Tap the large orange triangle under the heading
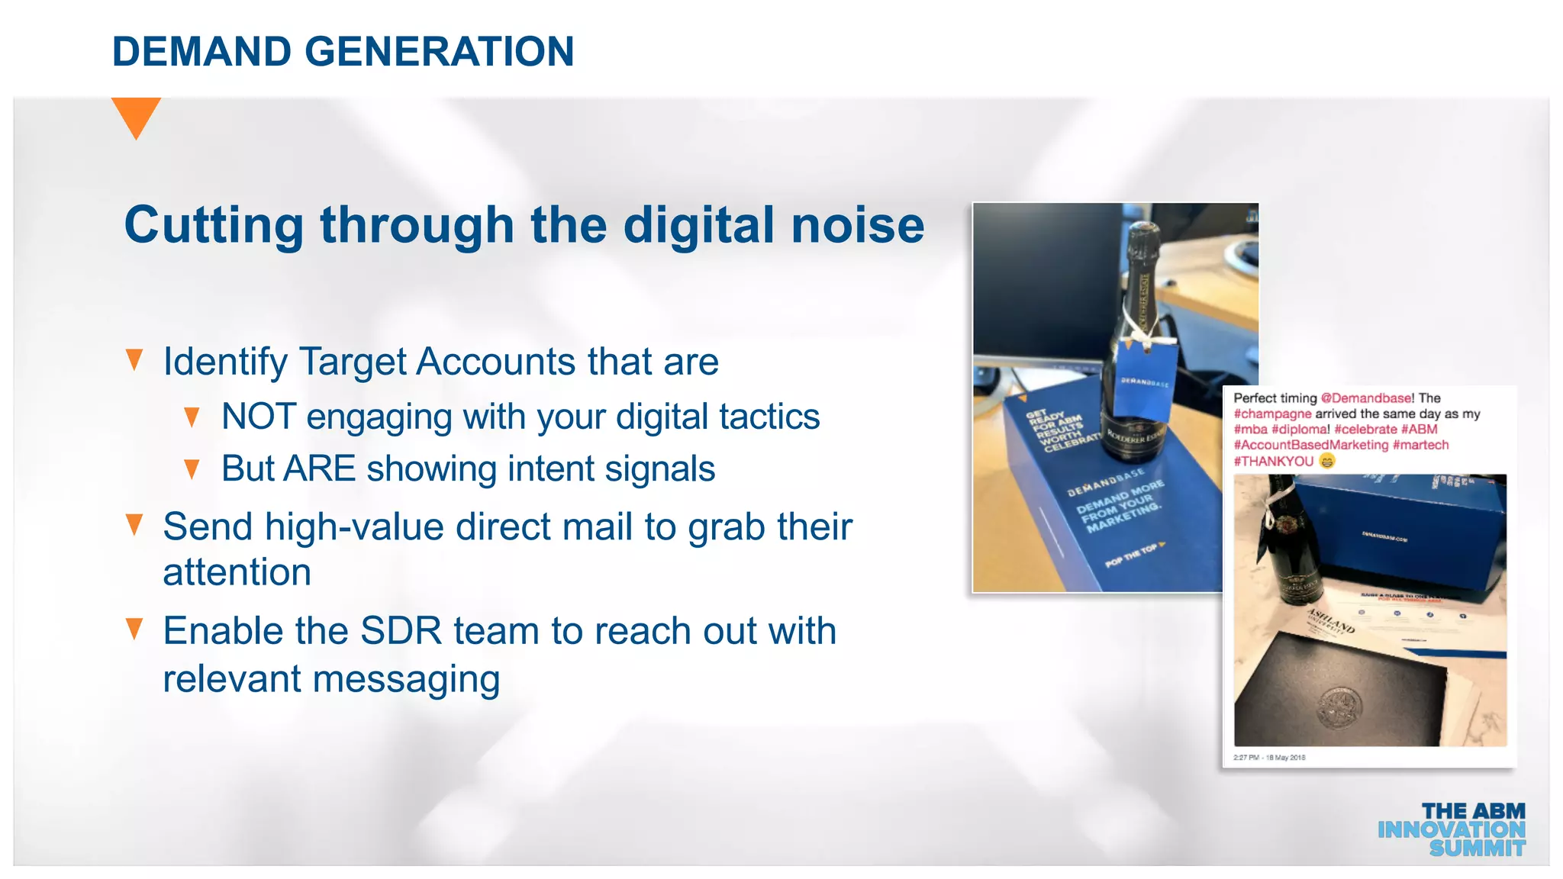(136, 115)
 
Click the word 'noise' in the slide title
(857, 225)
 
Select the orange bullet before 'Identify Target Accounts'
(134, 359)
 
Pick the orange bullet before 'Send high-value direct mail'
(134, 524)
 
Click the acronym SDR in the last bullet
(401, 631)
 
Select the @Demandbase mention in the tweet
(1366, 398)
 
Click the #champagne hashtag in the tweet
(1272, 414)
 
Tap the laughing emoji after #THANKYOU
(1327, 461)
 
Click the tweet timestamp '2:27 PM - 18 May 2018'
(1269, 758)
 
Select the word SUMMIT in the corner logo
(1477, 848)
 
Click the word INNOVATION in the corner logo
(1451, 829)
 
